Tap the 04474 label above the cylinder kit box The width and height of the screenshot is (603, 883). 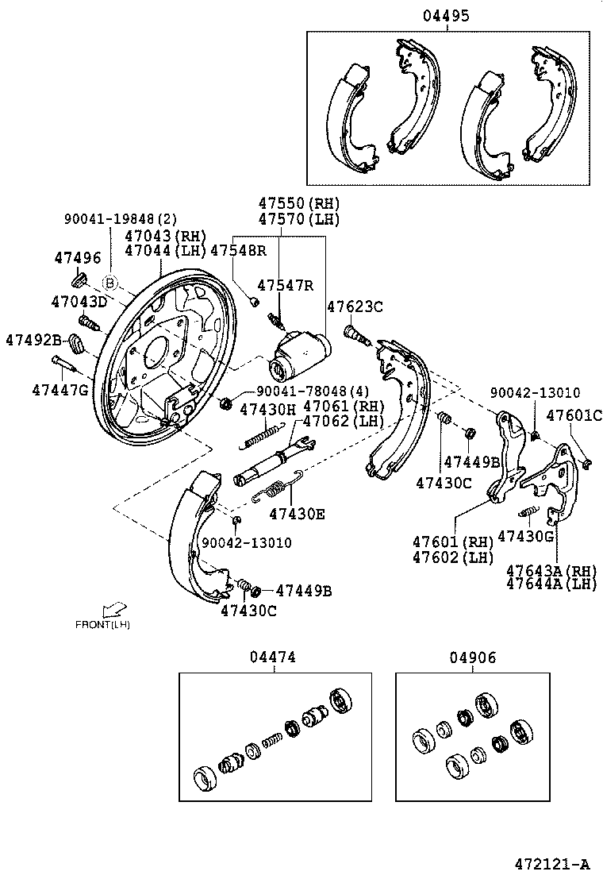(x=273, y=657)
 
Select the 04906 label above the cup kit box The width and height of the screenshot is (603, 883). (x=472, y=657)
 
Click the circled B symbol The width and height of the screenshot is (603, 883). (x=110, y=283)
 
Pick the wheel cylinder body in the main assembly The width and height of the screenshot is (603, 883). (x=300, y=354)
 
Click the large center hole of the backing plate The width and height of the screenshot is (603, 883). (x=156, y=349)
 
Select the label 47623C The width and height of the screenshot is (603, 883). (x=355, y=306)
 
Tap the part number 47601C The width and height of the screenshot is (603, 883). (x=574, y=415)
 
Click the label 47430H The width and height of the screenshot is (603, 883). (x=267, y=410)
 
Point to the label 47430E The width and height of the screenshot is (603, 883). (x=297, y=514)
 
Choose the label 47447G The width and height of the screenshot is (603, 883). (x=60, y=389)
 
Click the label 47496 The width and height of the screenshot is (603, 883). (x=77, y=257)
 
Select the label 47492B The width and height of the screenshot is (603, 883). (x=33, y=339)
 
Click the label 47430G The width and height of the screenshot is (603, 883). (x=525, y=535)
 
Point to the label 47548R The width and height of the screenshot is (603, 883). (x=238, y=250)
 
